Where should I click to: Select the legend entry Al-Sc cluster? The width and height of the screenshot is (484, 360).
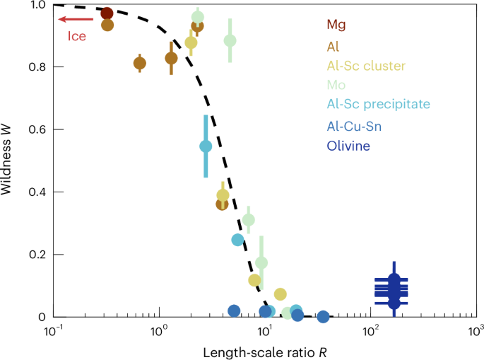coord(365,66)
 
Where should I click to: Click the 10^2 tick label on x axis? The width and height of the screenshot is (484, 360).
coord(370,330)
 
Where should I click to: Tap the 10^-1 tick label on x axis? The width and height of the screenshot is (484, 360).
coord(53,330)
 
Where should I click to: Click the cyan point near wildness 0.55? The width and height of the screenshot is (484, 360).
coord(206,146)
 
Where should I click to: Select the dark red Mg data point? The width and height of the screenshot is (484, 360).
coord(107,13)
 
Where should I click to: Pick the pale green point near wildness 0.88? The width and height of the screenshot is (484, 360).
coord(230,40)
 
